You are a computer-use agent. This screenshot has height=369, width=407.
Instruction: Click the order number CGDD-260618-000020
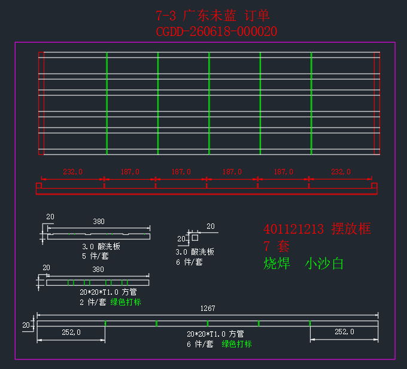(217, 32)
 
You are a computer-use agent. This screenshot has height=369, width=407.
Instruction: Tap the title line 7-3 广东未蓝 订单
(213, 16)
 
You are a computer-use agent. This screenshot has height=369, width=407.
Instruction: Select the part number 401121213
(293, 229)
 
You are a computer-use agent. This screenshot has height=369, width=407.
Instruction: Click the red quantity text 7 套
(276, 246)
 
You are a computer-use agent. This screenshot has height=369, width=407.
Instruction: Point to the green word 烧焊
(277, 264)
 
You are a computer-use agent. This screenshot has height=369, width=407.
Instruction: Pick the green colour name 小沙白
(324, 264)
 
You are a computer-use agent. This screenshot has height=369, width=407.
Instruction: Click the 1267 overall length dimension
(208, 308)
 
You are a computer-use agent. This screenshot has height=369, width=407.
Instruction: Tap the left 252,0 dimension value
(71, 332)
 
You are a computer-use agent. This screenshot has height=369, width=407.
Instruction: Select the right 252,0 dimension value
(344, 332)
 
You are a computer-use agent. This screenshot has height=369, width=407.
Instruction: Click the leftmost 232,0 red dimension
(72, 172)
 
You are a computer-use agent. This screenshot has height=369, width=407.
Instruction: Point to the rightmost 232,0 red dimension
(341, 172)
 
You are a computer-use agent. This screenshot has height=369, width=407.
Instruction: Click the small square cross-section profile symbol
(195, 237)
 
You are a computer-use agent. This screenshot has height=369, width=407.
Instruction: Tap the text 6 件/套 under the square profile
(189, 262)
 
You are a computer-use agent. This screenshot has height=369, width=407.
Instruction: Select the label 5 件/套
(95, 256)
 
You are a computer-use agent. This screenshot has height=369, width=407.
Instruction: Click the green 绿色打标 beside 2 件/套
(126, 302)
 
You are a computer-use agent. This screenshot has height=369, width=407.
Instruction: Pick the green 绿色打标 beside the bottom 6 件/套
(237, 344)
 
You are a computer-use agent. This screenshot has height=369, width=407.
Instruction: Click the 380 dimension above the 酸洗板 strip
(99, 222)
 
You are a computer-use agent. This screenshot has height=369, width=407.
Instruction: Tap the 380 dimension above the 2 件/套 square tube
(98, 270)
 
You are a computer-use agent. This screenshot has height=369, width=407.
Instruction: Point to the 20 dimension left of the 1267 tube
(26, 325)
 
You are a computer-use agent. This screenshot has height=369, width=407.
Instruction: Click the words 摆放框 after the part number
(351, 229)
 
